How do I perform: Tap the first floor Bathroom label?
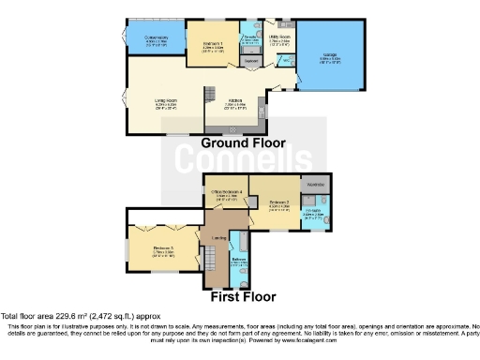(237, 262)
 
